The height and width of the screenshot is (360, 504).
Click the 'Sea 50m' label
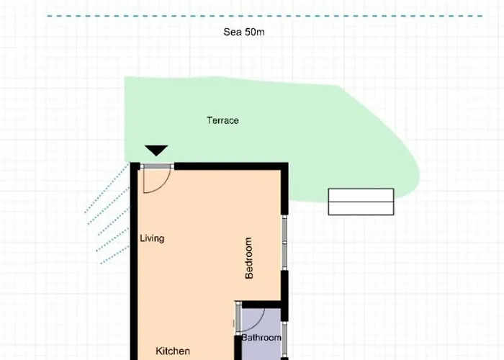[x=244, y=32]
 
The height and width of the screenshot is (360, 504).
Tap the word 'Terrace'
[x=222, y=120]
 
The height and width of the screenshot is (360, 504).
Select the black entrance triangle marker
[x=156, y=150]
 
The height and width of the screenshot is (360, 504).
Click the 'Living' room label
[x=152, y=238]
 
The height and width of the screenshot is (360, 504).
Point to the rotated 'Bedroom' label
[x=249, y=258]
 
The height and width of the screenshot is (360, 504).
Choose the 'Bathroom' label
[x=261, y=338]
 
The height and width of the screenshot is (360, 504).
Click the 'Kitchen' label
[x=173, y=351]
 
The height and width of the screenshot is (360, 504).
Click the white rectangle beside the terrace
[x=361, y=202]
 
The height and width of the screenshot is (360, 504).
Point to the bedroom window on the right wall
[x=285, y=243]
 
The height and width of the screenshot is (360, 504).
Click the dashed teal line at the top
[x=264, y=16]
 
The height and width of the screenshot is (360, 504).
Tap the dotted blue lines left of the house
[x=107, y=214]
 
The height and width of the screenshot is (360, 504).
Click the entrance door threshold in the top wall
[x=157, y=166]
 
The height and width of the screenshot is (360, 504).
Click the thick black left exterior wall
[x=134, y=261]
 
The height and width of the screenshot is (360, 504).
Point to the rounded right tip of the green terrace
[x=419, y=174]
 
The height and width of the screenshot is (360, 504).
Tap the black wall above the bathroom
[x=261, y=305]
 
